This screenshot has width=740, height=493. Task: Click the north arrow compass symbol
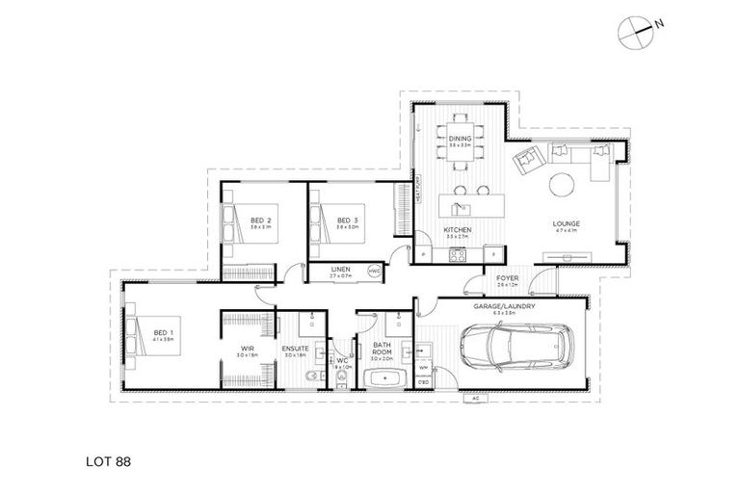(x=635, y=32)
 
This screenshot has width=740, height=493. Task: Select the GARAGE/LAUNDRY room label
(x=497, y=306)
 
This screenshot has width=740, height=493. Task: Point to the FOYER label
(x=508, y=278)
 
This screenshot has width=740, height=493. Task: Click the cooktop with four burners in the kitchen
(x=458, y=255)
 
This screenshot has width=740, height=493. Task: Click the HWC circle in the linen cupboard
(x=375, y=272)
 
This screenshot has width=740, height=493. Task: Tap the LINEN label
(x=339, y=269)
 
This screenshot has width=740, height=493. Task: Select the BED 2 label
(x=261, y=221)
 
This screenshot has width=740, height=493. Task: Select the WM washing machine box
(x=423, y=367)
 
